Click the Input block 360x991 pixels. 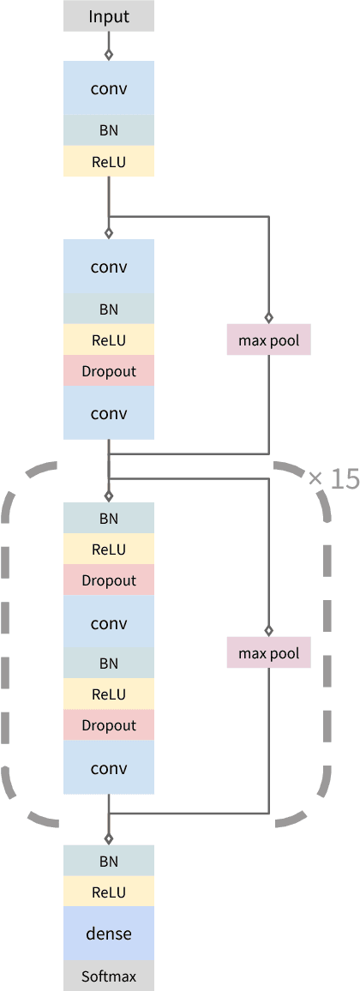pos(109,16)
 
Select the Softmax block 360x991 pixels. pos(109,976)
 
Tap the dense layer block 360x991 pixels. pos(109,933)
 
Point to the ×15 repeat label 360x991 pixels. pos(333,479)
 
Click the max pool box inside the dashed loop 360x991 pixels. pos(269,653)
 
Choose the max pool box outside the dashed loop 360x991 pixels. pos(269,340)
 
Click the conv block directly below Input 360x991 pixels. pos(109,87)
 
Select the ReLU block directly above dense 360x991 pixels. pos(109,892)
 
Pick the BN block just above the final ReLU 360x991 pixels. pos(109,861)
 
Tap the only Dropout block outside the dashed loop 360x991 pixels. pos(109,371)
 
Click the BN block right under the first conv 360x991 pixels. pos(109,130)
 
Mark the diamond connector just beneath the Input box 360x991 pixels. pos(109,54)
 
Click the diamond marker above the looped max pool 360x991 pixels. pos(269,629)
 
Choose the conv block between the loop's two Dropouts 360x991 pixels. pos(109,622)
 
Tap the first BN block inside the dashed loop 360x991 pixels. pos(109,518)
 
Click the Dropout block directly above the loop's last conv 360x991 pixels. pos(109,725)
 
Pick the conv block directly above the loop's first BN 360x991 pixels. pos(109,413)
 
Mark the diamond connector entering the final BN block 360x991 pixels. pos(109,838)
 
